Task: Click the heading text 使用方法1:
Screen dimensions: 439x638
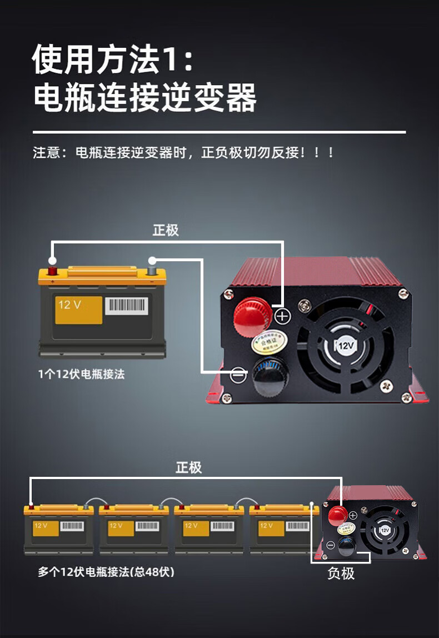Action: point(113,59)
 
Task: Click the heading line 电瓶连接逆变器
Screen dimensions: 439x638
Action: point(144,98)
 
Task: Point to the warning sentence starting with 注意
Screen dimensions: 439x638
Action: point(183,152)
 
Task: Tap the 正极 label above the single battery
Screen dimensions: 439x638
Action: point(166,230)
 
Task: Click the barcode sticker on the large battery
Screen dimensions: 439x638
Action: point(127,306)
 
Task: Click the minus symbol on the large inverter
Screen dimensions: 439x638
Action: point(238,375)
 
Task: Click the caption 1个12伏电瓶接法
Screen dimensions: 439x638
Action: point(81,374)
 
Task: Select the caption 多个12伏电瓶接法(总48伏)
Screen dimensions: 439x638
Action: point(106,571)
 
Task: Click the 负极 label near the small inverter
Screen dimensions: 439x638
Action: point(341,573)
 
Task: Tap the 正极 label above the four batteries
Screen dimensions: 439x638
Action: point(188,467)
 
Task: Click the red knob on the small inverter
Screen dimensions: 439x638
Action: point(337,516)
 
